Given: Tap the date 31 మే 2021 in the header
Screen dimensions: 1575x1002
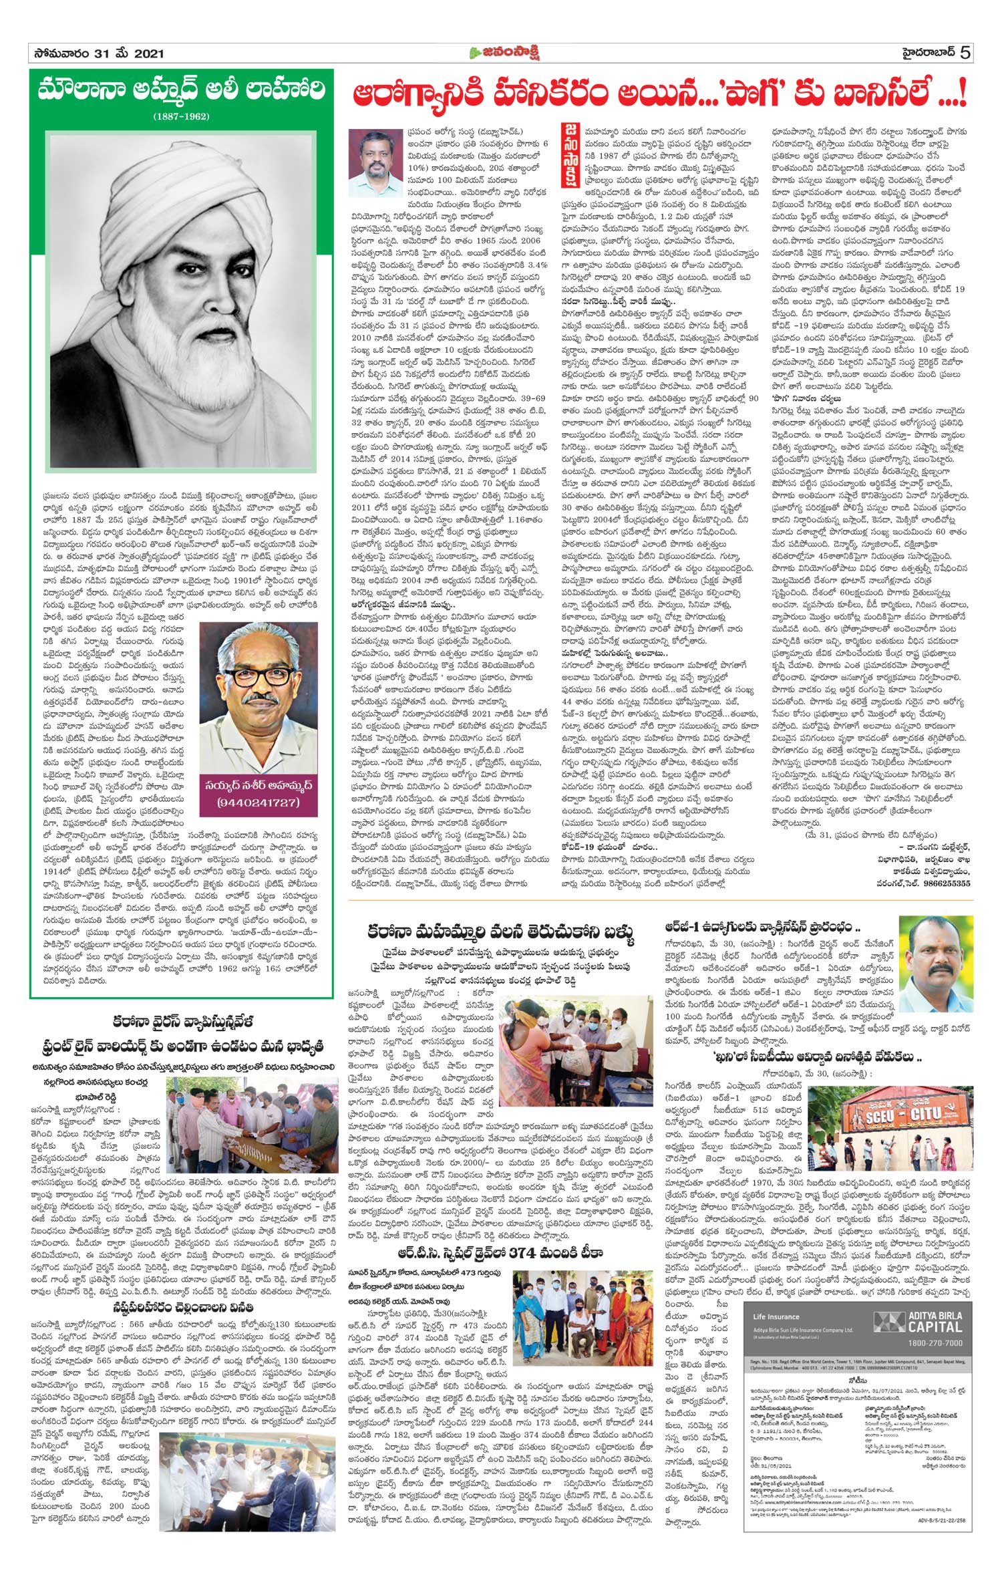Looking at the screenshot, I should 127,53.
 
